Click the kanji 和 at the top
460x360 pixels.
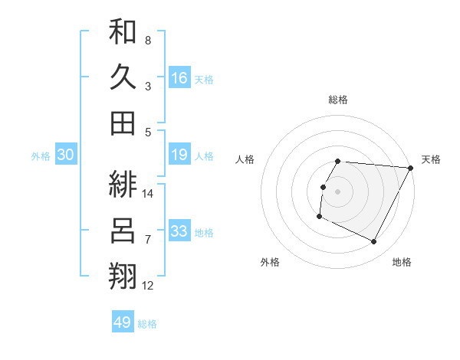pyautogui.click(x=123, y=31)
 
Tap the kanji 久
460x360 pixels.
pyautogui.click(x=123, y=77)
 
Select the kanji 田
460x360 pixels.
pyautogui.click(x=123, y=123)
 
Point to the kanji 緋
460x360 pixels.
pyautogui.click(x=123, y=184)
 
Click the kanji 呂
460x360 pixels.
pyautogui.click(x=123, y=230)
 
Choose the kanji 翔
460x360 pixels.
pyautogui.click(x=123, y=275)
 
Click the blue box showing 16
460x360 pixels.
pyautogui.click(x=179, y=77)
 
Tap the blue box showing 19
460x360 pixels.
pyautogui.click(x=179, y=155)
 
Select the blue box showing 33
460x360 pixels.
pyautogui.click(x=179, y=231)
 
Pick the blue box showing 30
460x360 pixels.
pyautogui.click(x=66, y=155)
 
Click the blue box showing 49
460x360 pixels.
pyautogui.click(x=123, y=322)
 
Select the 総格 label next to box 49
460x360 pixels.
pyautogui.click(x=147, y=324)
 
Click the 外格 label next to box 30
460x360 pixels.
pyautogui.click(x=41, y=156)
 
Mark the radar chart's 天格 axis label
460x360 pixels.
pyautogui.click(x=431, y=159)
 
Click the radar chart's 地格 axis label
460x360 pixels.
pyautogui.click(x=402, y=262)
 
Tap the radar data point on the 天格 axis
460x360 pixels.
pyautogui.click(x=411, y=168)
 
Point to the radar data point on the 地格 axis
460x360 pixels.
pyautogui.click(x=374, y=242)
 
